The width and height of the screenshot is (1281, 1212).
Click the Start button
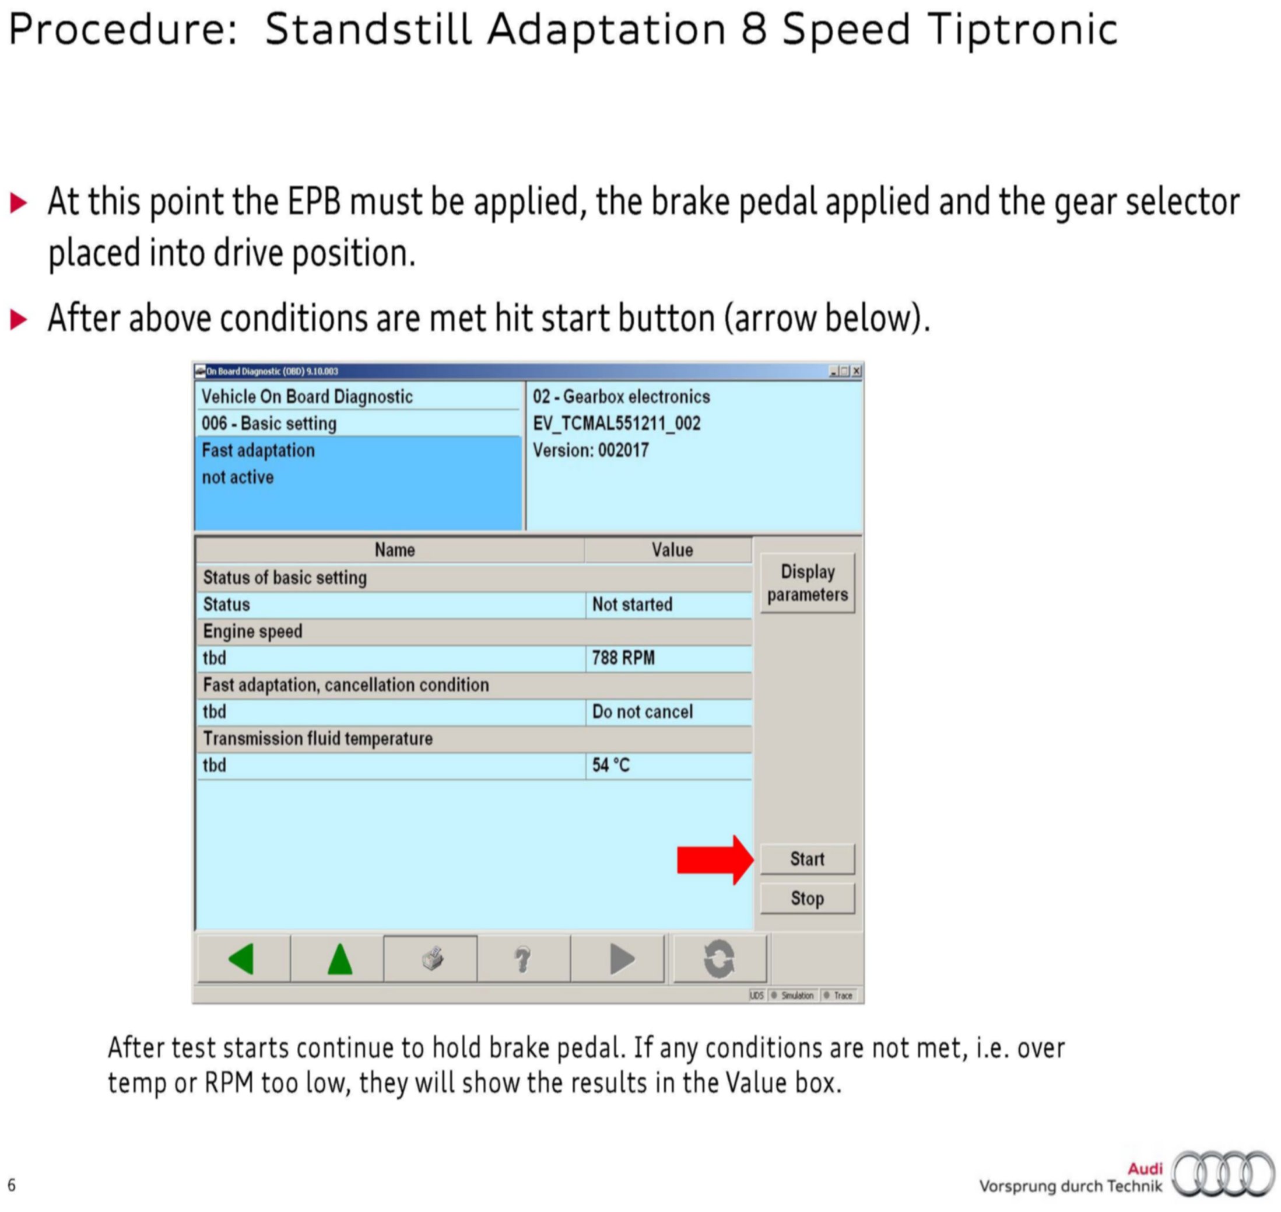[x=807, y=858]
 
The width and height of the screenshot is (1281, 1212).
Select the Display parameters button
[x=807, y=583]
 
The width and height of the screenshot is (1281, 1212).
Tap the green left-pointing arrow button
[x=241, y=958]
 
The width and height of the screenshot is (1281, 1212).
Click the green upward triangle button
[x=339, y=958]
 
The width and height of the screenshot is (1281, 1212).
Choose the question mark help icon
[x=523, y=959]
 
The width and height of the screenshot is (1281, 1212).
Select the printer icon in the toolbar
[x=433, y=959]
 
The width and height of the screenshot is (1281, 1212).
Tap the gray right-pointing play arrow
[x=622, y=959]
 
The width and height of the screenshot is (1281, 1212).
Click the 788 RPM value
[x=623, y=658]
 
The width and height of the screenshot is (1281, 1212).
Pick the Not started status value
[x=632, y=604]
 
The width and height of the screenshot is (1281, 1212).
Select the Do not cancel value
[x=643, y=711]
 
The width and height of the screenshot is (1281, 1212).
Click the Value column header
[x=672, y=550]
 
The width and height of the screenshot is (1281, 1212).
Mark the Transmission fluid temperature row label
[x=318, y=738]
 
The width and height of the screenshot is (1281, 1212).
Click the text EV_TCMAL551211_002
[x=617, y=423]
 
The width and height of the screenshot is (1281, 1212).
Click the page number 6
[x=12, y=1185]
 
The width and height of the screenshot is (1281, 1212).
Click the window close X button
[x=856, y=371]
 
